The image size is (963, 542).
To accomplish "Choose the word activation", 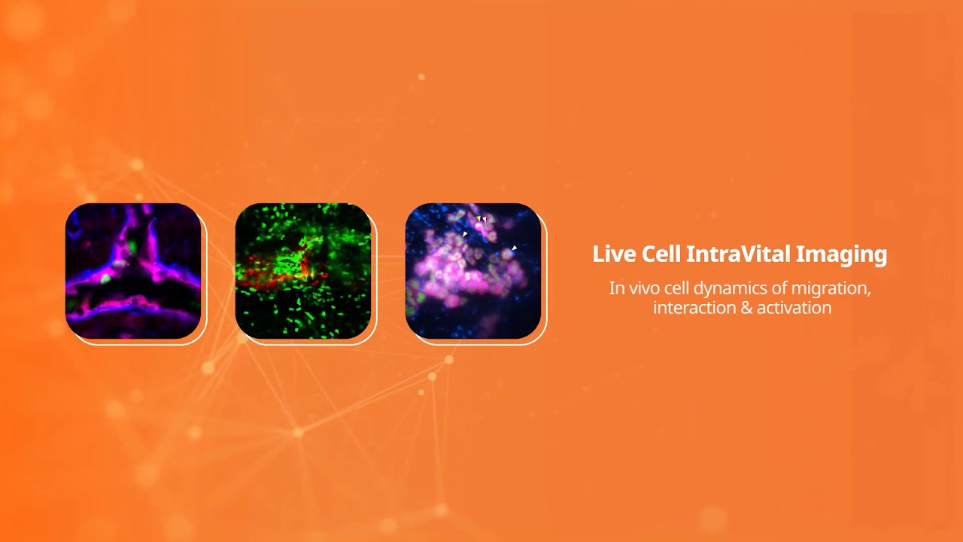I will point(795,308).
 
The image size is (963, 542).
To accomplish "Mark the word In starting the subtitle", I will point(616,288).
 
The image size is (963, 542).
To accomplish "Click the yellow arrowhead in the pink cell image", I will point(478,218).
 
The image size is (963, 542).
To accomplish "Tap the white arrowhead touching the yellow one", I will point(485,219).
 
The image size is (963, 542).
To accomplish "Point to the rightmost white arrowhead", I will point(515,247).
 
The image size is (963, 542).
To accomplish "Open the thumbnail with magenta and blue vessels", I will point(133,271).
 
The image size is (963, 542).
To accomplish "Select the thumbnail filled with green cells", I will point(303,271).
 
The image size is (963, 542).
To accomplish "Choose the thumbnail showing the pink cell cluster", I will point(473,271).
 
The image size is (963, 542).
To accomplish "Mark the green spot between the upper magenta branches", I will point(132,246).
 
